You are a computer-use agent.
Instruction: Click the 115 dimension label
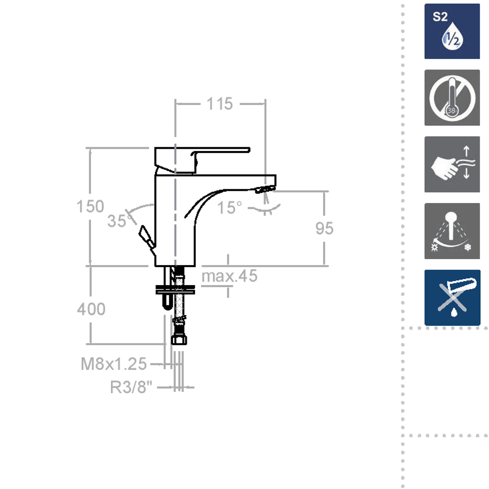219,104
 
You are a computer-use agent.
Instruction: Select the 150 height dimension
90,206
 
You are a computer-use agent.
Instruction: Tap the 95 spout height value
324,228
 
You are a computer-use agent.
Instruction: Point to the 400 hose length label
91,309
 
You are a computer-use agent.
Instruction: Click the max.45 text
229,276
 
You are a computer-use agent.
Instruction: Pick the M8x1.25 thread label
114,364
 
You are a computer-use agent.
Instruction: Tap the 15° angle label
230,208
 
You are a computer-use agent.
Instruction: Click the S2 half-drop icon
452,31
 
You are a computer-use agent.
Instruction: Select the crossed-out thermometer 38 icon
452,98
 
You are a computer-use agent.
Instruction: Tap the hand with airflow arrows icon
452,164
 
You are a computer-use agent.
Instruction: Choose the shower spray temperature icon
452,231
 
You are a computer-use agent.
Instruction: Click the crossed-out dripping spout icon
452,297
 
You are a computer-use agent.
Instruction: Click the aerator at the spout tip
265,189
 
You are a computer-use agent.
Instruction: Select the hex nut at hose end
179,340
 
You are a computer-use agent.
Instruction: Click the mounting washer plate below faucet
175,290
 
